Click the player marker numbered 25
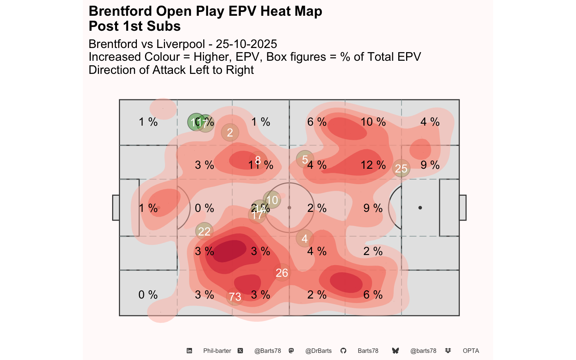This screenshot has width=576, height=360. tap(401, 169)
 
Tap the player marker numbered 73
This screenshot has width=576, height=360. tap(235, 297)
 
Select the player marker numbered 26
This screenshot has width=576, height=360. tap(282, 273)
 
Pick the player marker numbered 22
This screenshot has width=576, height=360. tap(204, 231)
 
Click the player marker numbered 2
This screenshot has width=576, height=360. tap(230, 132)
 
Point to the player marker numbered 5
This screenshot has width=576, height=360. tap(305, 160)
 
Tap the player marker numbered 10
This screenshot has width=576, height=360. tap(272, 200)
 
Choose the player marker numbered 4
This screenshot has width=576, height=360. tap(304, 238)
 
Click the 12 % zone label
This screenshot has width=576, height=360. tap(373, 165)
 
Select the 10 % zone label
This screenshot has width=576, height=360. tap(373, 122)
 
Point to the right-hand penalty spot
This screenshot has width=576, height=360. tap(420, 208)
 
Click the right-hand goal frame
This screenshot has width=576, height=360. tap(463, 208)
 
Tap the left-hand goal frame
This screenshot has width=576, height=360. tap(116, 208)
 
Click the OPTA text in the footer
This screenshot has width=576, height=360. tap(471, 351)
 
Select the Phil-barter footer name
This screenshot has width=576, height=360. tap(217, 351)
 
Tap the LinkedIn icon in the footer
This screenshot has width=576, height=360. tap(189, 351)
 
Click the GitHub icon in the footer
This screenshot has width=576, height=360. tap(343, 351)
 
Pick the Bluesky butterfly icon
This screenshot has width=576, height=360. tap(395, 351)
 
